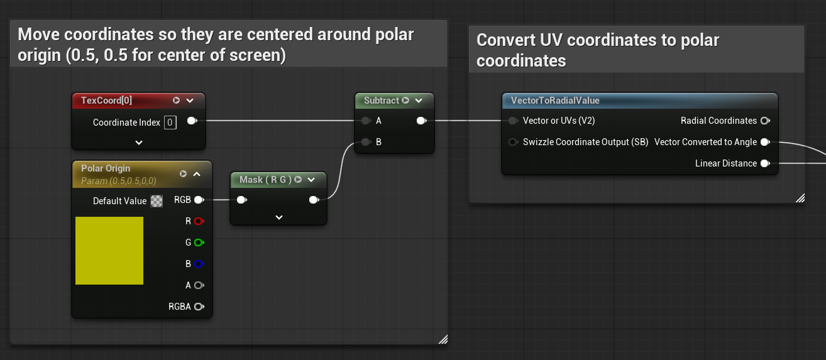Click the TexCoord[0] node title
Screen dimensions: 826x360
click(x=107, y=101)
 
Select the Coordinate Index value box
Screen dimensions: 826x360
click(x=170, y=123)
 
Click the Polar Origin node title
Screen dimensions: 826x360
click(x=106, y=168)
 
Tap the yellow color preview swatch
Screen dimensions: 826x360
click(x=109, y=251)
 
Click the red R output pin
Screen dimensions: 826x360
click(x=199, y=221)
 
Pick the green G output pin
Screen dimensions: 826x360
click(x=199, y=243)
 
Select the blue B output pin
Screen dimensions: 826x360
click(x=199, y=264)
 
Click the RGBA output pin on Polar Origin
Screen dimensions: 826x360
click(x=199, y=307)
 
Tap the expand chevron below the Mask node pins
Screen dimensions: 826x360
click(x=279, y=217)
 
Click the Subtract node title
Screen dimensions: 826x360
click(x=382, y=101)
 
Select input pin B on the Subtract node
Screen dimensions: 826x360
click(x=365, y=142)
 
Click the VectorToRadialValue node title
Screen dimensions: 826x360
click(x=555, y=101)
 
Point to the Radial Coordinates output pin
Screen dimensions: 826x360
click(x=764, y=121)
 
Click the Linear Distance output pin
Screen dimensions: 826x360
click(x=764, y=163)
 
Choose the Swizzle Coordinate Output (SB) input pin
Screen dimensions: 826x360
click(x=513, y=142)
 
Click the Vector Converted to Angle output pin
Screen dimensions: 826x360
click(x=764, y=142)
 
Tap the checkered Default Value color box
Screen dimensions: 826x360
click(x=157, y=201)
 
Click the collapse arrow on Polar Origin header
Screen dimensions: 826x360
click(x=197, y=174)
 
